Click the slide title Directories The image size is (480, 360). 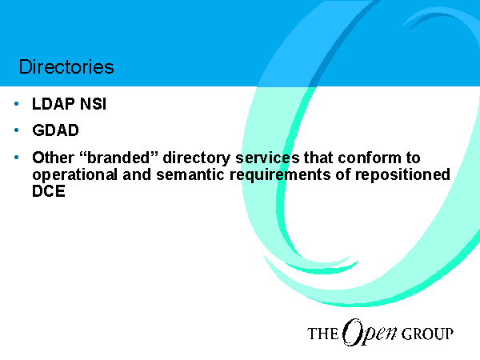click(x=66, y=66)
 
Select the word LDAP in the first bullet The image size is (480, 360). click(x=54, y=104)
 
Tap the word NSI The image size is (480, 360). click(x=93, y=104)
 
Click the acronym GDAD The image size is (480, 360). click(x=55, y=130)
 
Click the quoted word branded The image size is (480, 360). click(x=118, y=158)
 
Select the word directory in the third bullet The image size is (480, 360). click(x=196, y=158)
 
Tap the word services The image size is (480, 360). click(x=267, y=158)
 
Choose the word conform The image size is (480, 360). click(x=370, y=158)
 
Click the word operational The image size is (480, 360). click(x=74, y=175)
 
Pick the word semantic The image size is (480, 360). click(x=190, y=174)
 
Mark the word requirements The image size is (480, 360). click(x=280, y=175)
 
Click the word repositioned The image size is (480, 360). click(x=402, y=175)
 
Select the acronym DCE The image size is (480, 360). click(x=49, y=191)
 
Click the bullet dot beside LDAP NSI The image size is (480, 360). click(x=17, y=104)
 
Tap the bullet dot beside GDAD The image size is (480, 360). click(x=17, y=130)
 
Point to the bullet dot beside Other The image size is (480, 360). click(x=17, y=158)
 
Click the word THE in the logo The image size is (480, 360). click(x=322, y=334)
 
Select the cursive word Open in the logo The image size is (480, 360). click(x=370, y=333)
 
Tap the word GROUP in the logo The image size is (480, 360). click(x=427, y=334)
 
